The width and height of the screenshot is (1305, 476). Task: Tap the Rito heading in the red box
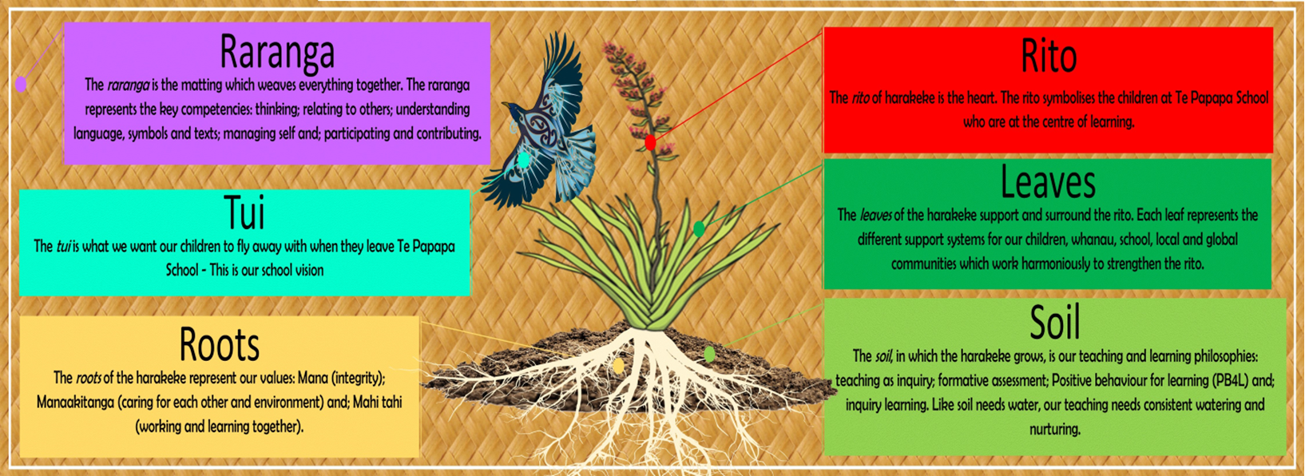click(x=1049, y=57)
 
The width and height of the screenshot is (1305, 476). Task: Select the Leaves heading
click(x=1048, y=182)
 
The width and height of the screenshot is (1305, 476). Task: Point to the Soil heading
click(x=1055, y=322)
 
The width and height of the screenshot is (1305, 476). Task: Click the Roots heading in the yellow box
click(x=219, y=344)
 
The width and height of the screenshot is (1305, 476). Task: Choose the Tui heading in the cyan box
click(x=244, y=212)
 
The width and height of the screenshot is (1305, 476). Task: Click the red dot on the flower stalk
click(x=651, y=142)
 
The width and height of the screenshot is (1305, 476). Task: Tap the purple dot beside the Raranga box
click(x=21, y=85)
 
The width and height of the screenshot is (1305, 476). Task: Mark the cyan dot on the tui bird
click(x=524, y=159)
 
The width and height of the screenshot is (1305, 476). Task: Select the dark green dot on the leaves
click(x=699, y=229)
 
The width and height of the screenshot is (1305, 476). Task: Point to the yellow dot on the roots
click(x=619, y=366)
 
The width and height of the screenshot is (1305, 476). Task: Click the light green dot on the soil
click(x=709, y=354)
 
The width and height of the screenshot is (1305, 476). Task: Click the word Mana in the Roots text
click(x=311, y=378)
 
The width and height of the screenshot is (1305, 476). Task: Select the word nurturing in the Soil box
click(x=1054, y=430)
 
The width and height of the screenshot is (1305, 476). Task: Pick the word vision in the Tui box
click(x=309, y=270)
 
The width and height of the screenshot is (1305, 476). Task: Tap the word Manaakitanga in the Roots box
click(x=75, y=403)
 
